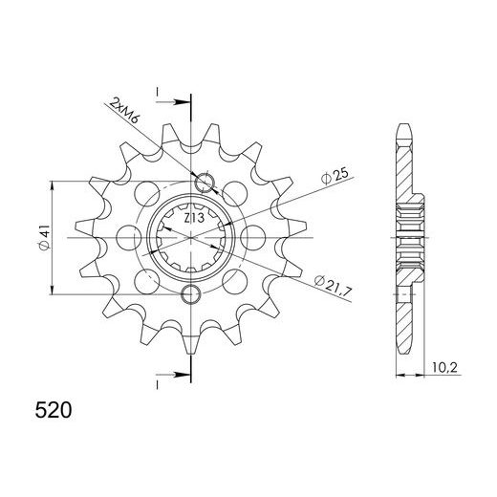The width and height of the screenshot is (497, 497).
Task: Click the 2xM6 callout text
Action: [123, 111]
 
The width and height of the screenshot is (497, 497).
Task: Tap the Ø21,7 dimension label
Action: [334, 285]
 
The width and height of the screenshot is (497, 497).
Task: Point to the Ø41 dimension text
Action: [44, 237]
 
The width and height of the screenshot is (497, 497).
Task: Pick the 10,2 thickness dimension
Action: [445, 368]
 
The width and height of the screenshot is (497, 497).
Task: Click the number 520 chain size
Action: [54, 410]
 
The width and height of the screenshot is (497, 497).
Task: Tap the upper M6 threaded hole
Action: [205, 183]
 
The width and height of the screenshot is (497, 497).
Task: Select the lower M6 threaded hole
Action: [190, 294]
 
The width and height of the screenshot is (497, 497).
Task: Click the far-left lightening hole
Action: [129, 238]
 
